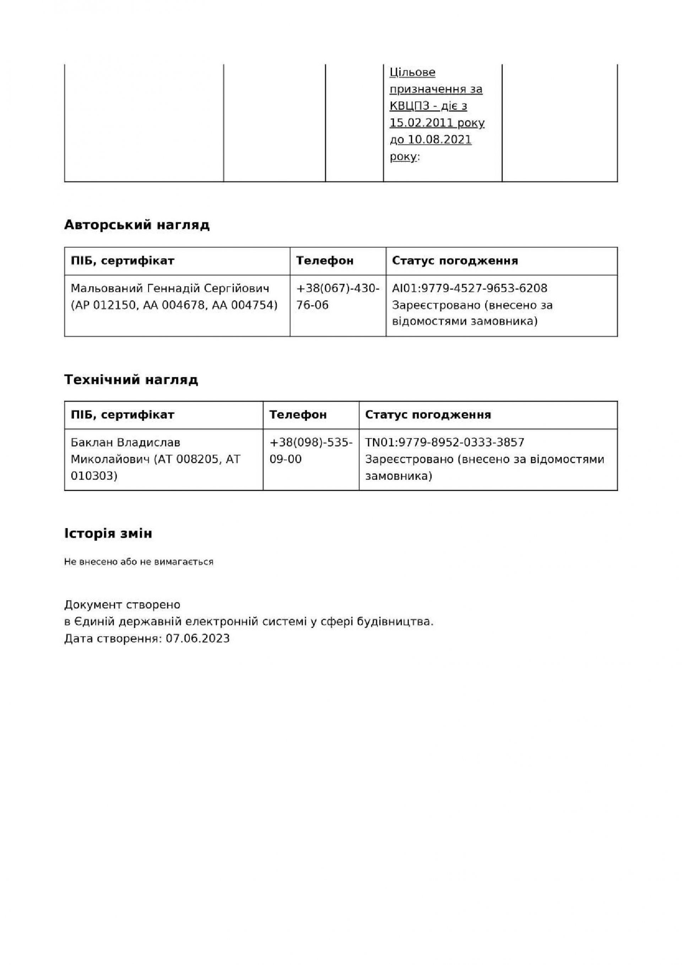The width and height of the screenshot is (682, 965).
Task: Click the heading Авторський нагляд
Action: (137, 225)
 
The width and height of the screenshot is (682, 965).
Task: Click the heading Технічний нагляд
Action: (131, 380)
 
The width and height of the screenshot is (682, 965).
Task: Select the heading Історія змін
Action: (108, 533)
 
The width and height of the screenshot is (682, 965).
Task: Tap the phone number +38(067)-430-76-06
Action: (338, 297)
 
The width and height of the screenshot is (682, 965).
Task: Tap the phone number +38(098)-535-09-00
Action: (311, 451)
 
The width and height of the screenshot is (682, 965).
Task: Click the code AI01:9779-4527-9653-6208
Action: (470, 288)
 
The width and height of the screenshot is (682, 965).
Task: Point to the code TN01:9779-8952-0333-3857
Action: (444, 442)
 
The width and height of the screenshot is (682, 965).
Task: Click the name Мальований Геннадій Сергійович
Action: (170, 288)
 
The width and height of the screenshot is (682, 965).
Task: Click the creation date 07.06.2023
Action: (197, 639)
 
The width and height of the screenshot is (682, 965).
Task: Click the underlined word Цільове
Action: (412, 72)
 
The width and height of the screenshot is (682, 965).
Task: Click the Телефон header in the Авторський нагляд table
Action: (325, 261)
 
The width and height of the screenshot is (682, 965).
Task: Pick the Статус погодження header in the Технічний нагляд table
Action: (428, 414)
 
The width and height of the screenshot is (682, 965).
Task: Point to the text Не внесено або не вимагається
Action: (139, 562)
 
